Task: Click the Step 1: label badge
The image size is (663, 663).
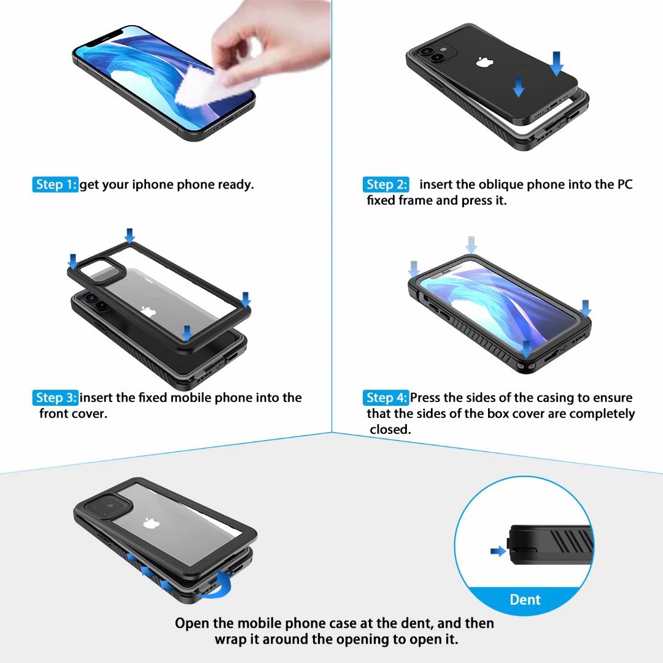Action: click(x=55, y=185)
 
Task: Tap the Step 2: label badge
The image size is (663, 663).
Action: click(x=386, y=185)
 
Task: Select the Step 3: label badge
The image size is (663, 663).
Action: click(x=55, y=398)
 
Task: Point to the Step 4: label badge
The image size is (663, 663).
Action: click(x=386, y=398)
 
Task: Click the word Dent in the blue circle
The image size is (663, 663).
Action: click(x=525, y=599)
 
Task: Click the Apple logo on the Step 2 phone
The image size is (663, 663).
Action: click(x=484, y=62)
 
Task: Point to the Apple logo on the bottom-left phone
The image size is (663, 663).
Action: click(x=149, y=524)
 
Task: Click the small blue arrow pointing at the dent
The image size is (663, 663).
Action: click(x=498, y=551)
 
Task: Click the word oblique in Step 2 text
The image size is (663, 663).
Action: click(x=501, y=185)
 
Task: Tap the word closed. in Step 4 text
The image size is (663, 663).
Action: click(x=390, y=430)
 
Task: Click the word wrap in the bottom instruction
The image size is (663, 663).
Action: click(x=230, y=639)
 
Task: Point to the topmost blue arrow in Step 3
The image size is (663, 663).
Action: click(x=129, y=235)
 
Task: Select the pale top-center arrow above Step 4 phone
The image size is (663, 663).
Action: click(x=471, y=245)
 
